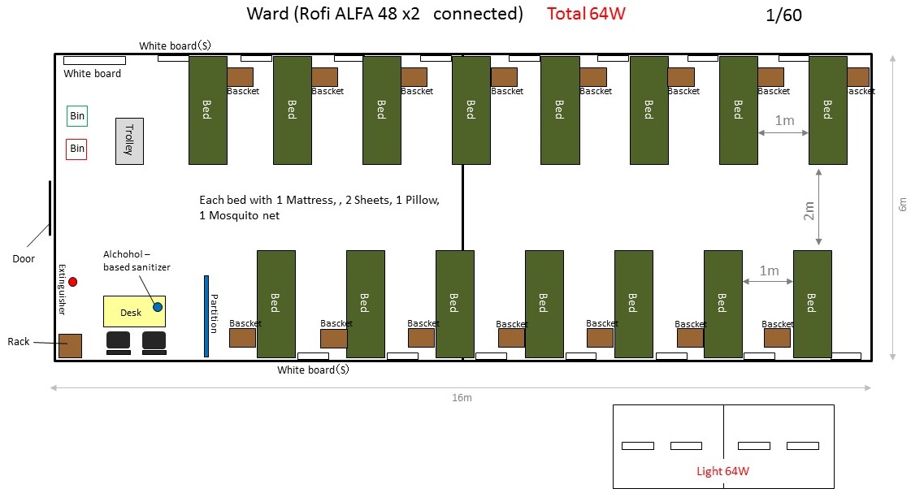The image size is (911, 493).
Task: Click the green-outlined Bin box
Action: pyautogui.click(x=77, y=116)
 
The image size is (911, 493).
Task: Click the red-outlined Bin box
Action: pyautogui.click(x=77, y=149)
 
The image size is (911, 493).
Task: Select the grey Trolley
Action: pyautogui.click(x=129, y=141)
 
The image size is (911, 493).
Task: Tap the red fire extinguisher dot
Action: pyautogui.click(x=72, y=282)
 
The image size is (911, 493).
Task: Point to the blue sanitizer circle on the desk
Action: pyautogui.click(x=158, y=307)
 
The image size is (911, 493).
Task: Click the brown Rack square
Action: pyautogui.click(x=70, y=345)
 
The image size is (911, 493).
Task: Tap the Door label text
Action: pyautogui.click(x=24, y=259)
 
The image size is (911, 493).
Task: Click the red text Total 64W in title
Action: pyautogui.click(x=586, y=14)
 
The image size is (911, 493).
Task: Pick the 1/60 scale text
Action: pyautogui.click(x=784, y=15)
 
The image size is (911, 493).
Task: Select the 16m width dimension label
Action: pyautogui.click(x=462, y=397)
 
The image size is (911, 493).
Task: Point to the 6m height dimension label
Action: pyautogui.click(x=900, y=206)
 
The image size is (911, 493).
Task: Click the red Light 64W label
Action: pyautogui.click(x=722, y=471)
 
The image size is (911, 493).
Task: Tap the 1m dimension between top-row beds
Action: pyautogui.click(x=784, y=120)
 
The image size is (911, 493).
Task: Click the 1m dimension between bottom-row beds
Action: pyautogui.click(x=769, y=270)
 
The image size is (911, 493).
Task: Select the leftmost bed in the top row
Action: pyautogui.click(x=207, y=110)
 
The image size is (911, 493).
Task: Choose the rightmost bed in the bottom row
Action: pyautogui.click(x=812, y=304)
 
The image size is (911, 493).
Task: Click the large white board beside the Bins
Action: pyautogui.click(x=95, y=60)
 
